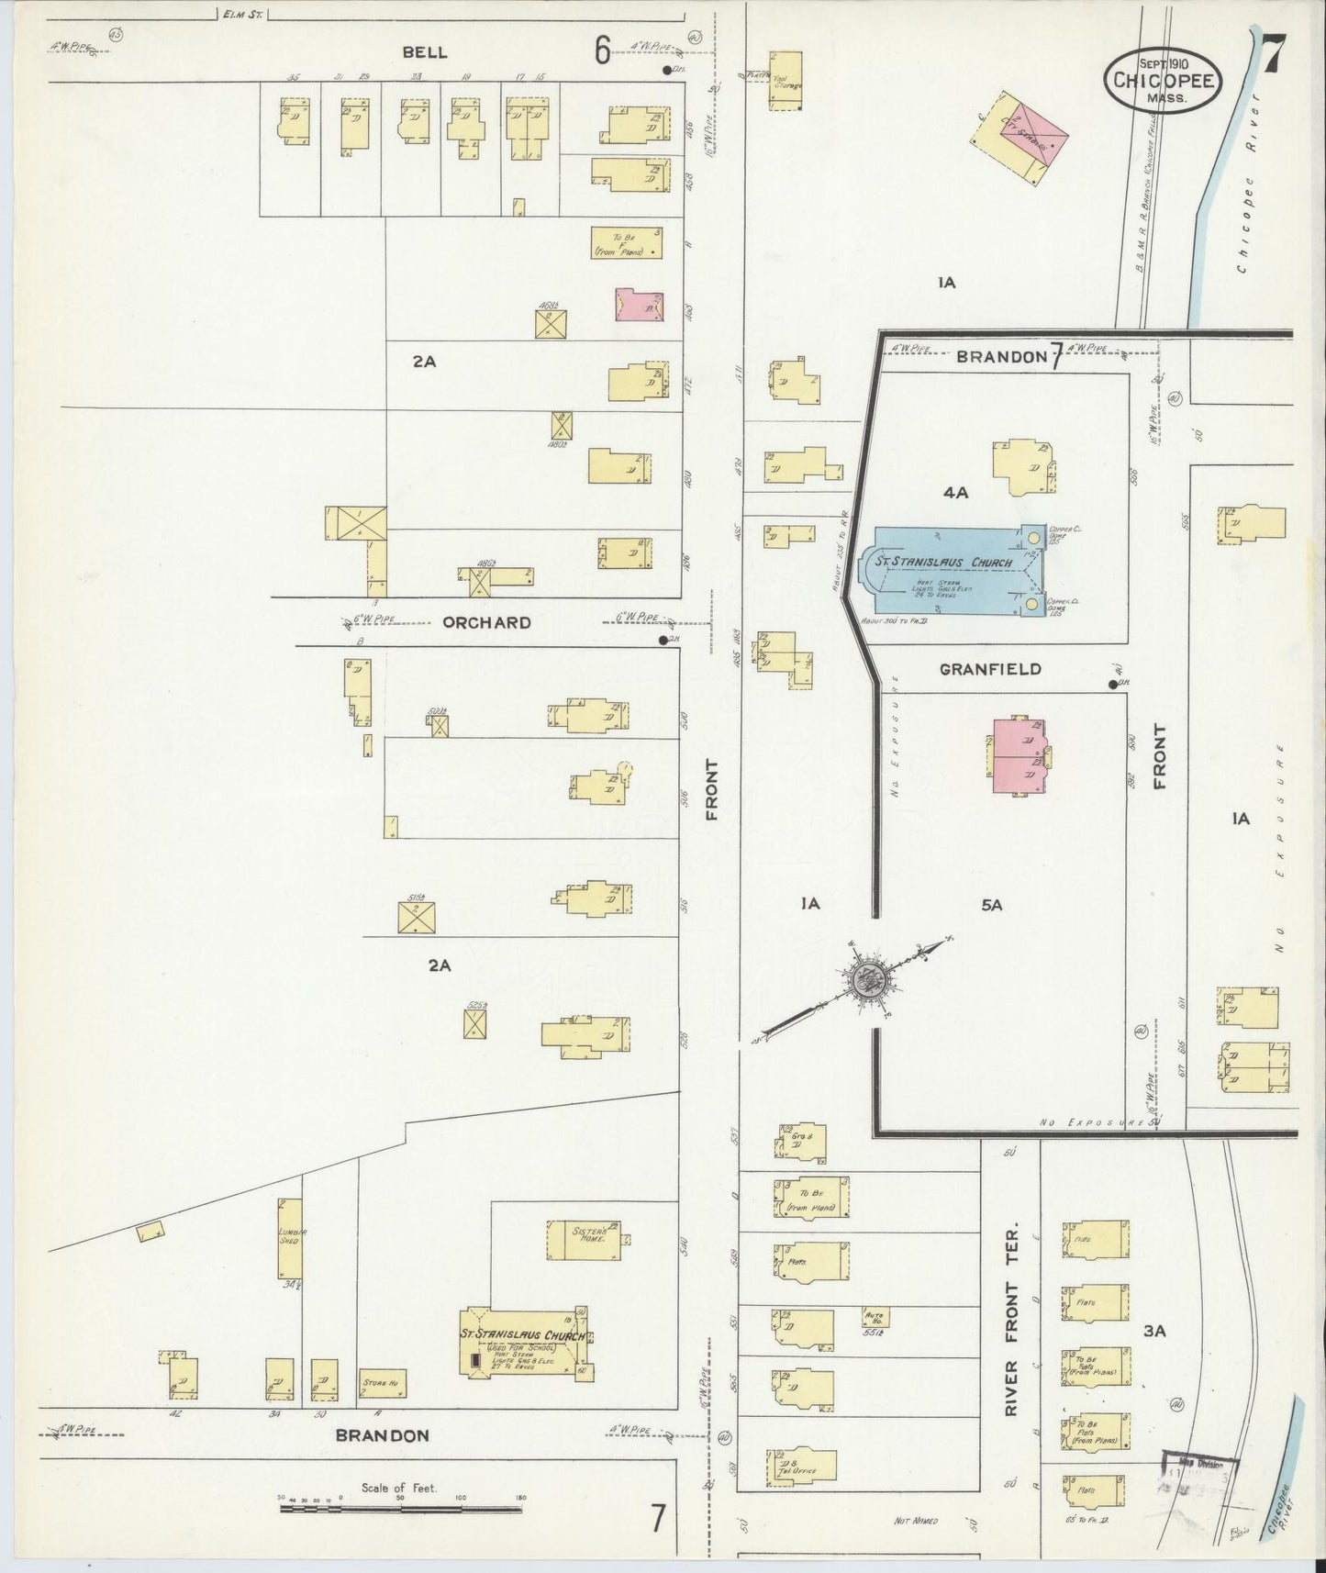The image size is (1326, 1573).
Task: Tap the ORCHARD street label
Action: point(486,622)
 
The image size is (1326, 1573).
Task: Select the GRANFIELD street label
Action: point(990,669)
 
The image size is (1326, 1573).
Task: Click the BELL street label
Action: point(425,52)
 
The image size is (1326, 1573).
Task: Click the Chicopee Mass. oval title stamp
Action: point(1163,80)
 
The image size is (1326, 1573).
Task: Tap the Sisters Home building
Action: point(588,1239)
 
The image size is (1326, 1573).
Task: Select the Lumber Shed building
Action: point(290,1238)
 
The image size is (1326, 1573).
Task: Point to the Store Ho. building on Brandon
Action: point(383,1382)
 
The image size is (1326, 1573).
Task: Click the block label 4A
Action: point(955,493)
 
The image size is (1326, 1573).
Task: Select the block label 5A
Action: point(991,905)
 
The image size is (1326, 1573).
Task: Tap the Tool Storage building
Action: point(786,82)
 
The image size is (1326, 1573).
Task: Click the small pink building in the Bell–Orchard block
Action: point(640,305)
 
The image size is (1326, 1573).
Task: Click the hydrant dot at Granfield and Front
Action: point(1112,684)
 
